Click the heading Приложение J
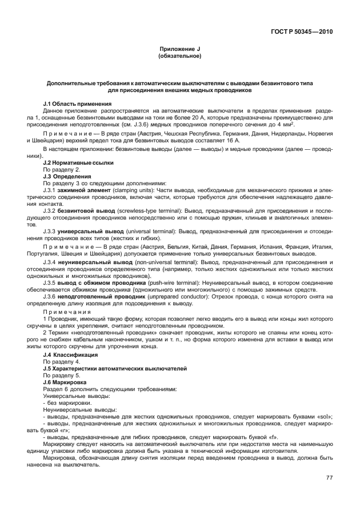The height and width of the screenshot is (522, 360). click(x=180, y=50)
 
